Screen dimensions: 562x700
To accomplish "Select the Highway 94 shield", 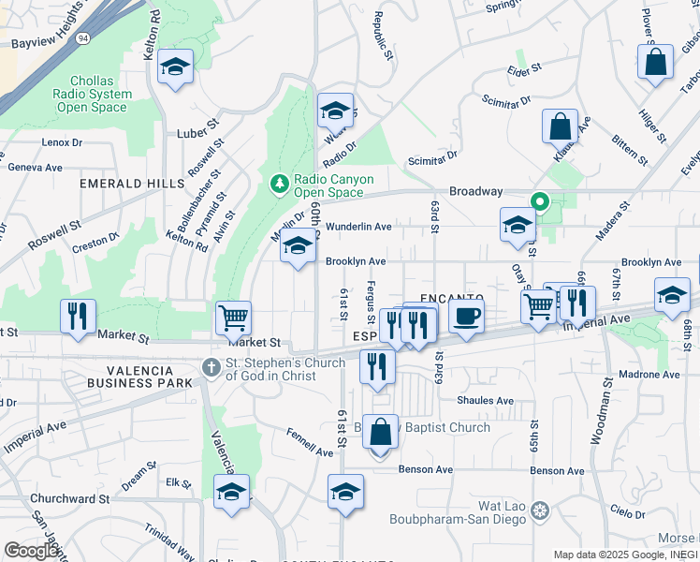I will pyautogui.click(x=83, y=38).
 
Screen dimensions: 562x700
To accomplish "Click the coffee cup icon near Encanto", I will pyautogui.click(x=466, y=315).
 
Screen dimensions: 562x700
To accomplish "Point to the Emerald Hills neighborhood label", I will pyautogui.click(x=132, y=184).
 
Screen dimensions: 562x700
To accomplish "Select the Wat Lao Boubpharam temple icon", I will pyautogui.click(x=539, y=510).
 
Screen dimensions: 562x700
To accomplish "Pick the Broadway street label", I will pyautogui.click(x=475, y=191).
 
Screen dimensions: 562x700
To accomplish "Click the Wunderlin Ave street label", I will pyautogui.click(x=357, y=227).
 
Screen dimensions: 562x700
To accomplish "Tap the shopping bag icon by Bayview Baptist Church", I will pyautogui.click(x=380, y=432).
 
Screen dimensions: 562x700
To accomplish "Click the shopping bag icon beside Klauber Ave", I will pyautogui.click(x=560, y=126).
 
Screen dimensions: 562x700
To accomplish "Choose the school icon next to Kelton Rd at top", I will pyautogui.click(x=175, y=67).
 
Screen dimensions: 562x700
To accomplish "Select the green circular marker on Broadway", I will pyautogui.click(x=539, y=200).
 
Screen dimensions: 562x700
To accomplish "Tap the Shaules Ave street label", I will pyautogui.click(x=485, y=401).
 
